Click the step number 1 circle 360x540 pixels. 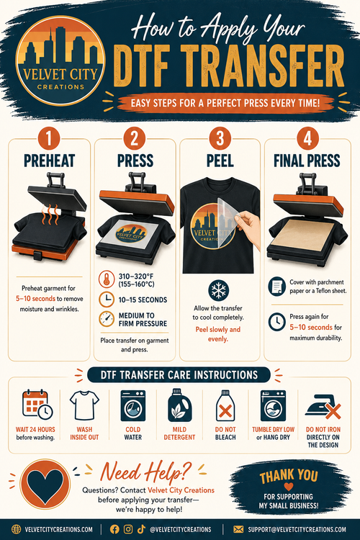click(48, 139)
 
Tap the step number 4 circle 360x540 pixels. click(307, 139)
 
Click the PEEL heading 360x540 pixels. click(220, 161)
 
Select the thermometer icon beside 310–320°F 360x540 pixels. click(107, 279)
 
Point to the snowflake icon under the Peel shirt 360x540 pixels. click(218, 290)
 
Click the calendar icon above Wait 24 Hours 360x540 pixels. click(37, 405)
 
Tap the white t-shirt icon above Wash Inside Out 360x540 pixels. click(84, 405)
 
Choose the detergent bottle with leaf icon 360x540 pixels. click(179, 405)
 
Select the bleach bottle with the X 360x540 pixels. click(225, 406)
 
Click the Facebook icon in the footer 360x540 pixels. click(114, 529)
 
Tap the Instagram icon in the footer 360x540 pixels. click(128, 529)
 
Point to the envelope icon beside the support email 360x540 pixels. click(238, 529)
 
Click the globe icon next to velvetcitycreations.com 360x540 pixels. click(16, 529)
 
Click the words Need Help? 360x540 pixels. click(145, 472)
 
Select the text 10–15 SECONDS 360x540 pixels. click(143, 300)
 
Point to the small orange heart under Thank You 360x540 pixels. click(289, 487)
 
